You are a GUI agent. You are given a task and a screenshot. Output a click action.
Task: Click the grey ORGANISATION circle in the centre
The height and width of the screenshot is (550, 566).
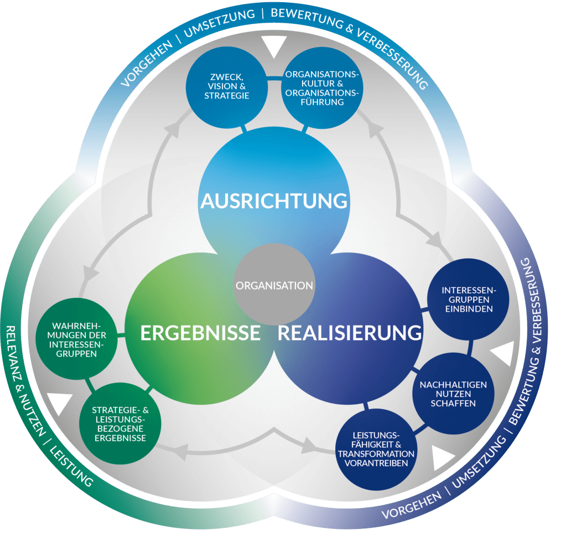click(274, 285)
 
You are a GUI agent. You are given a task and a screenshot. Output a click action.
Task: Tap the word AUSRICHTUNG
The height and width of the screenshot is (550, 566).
click(274, 201)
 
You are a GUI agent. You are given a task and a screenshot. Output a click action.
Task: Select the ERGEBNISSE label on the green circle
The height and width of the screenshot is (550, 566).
click(200, 333)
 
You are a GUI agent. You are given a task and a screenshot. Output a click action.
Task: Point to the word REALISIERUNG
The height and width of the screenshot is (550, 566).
click(350, 333)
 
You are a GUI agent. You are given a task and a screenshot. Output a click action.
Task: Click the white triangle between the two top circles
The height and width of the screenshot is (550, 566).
click(274, 47)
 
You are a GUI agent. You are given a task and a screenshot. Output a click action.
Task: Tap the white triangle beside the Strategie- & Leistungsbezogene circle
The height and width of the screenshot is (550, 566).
click(60, 404)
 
